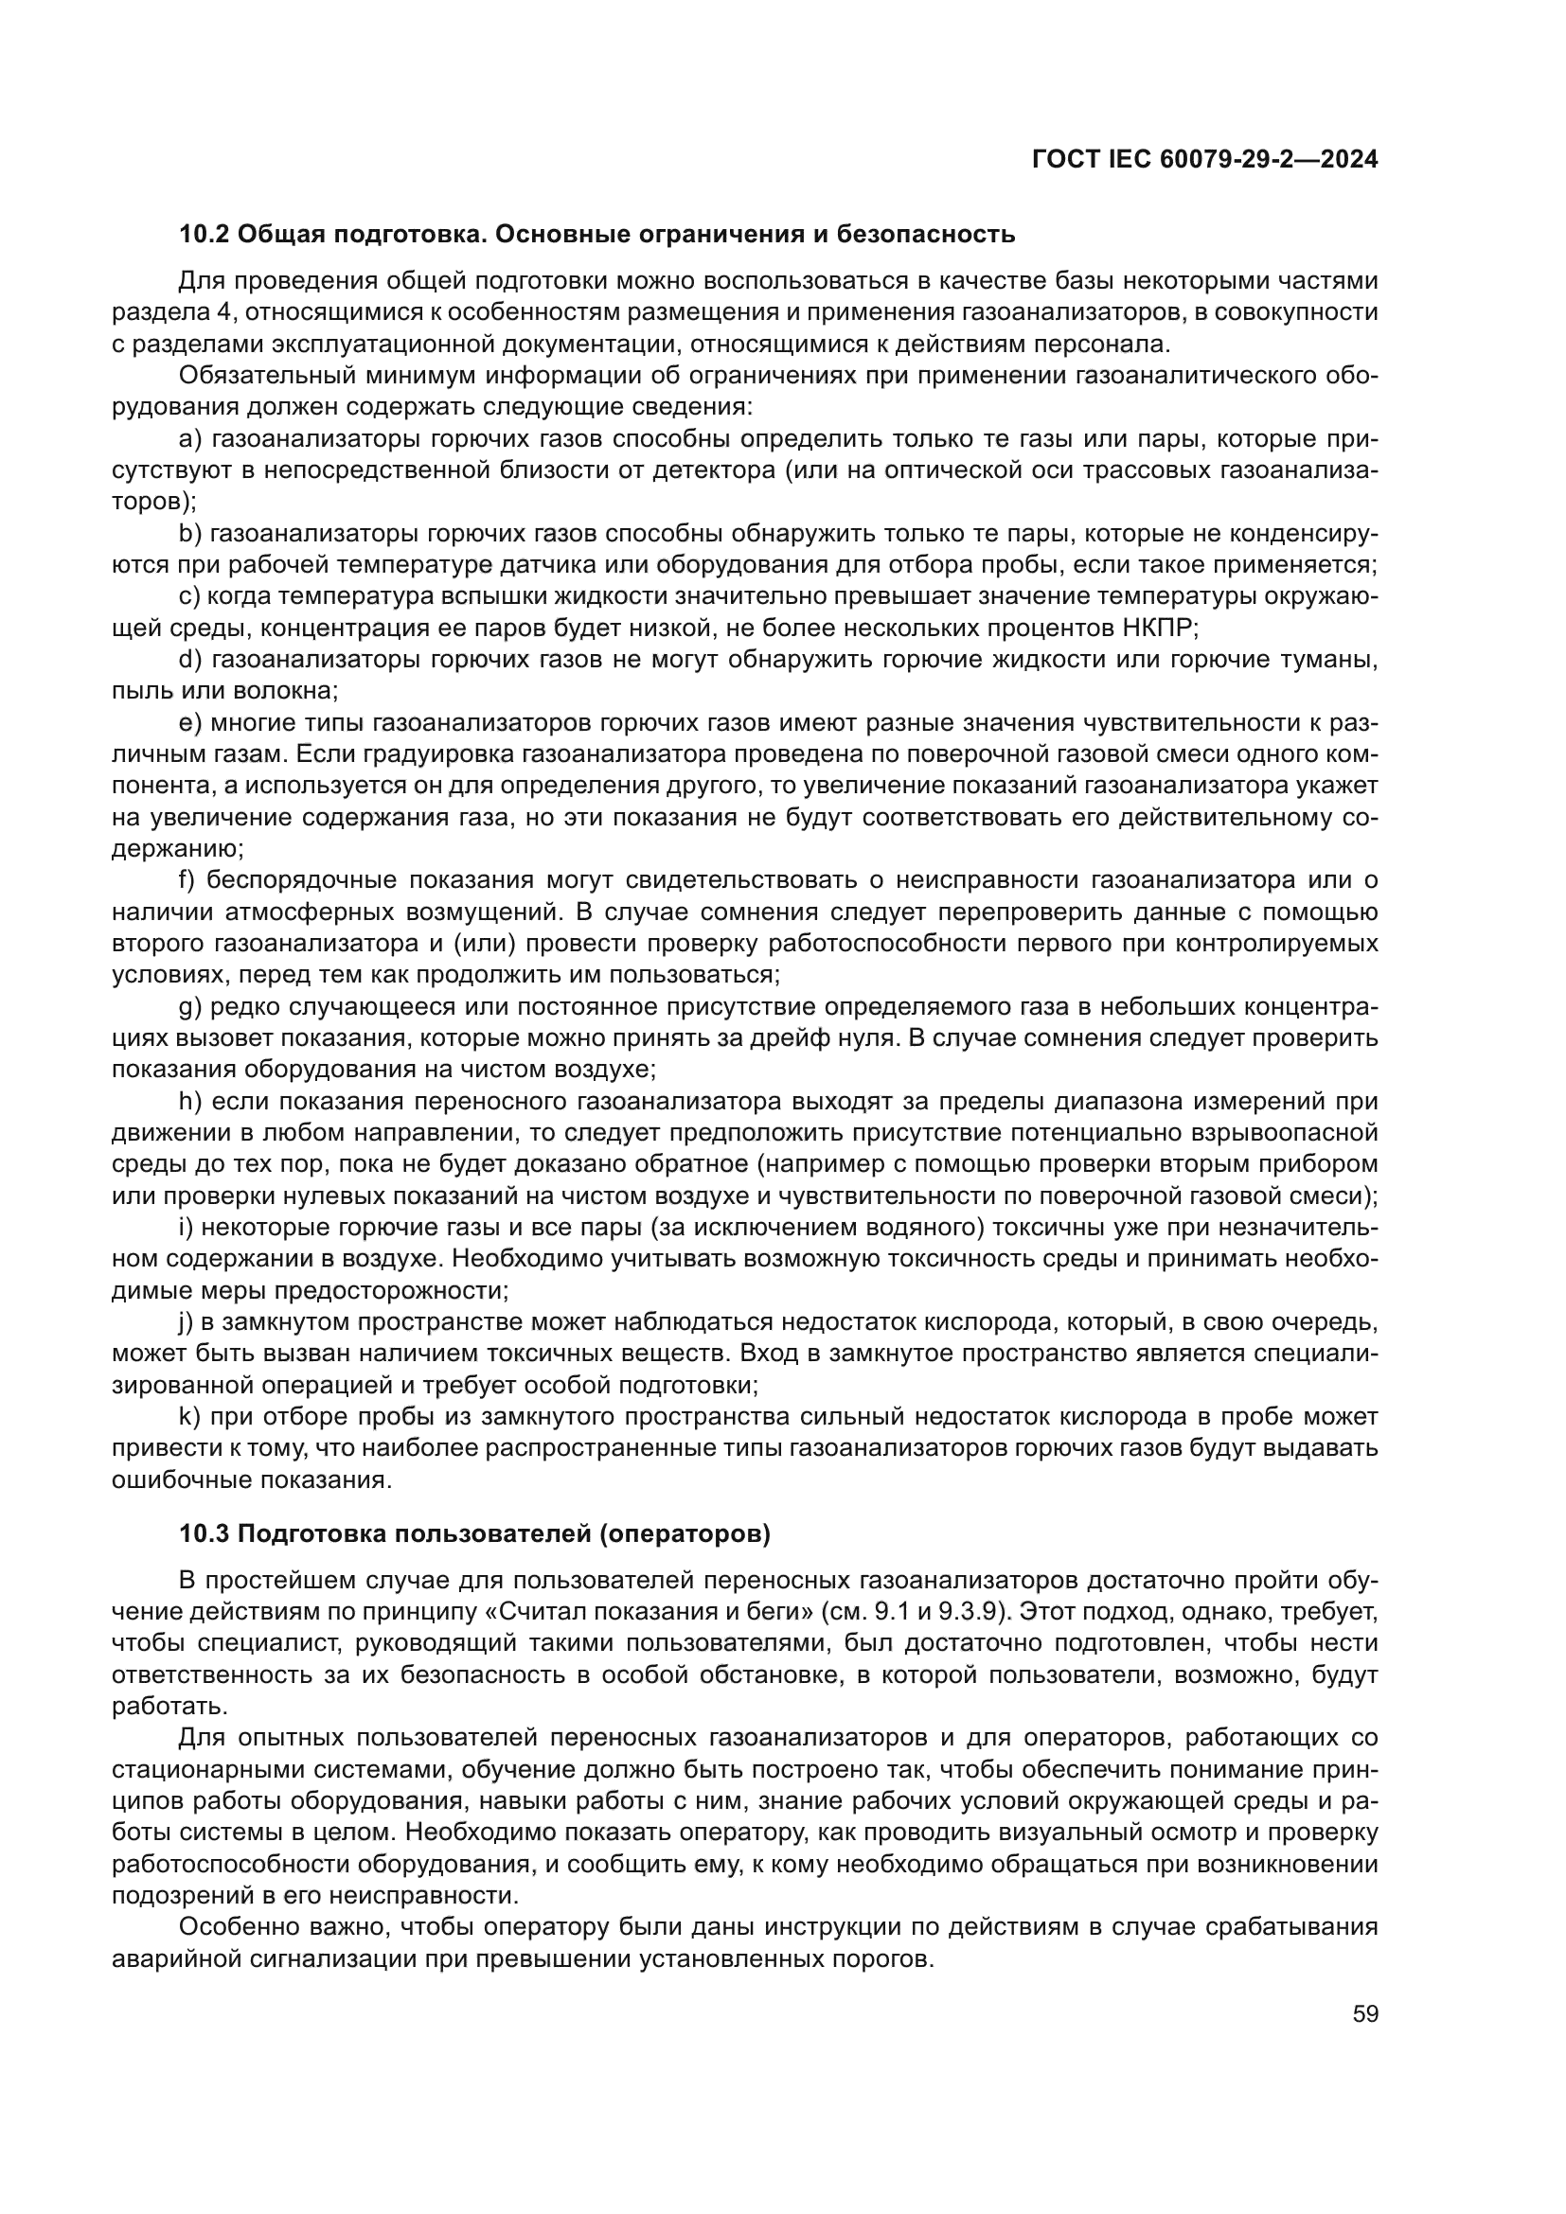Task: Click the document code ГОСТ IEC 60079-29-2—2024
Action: point(1204,159)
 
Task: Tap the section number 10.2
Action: point(204,235)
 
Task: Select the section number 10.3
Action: point(204,1534)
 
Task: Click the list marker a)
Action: point(191,440)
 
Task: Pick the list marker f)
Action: point(187,880)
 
